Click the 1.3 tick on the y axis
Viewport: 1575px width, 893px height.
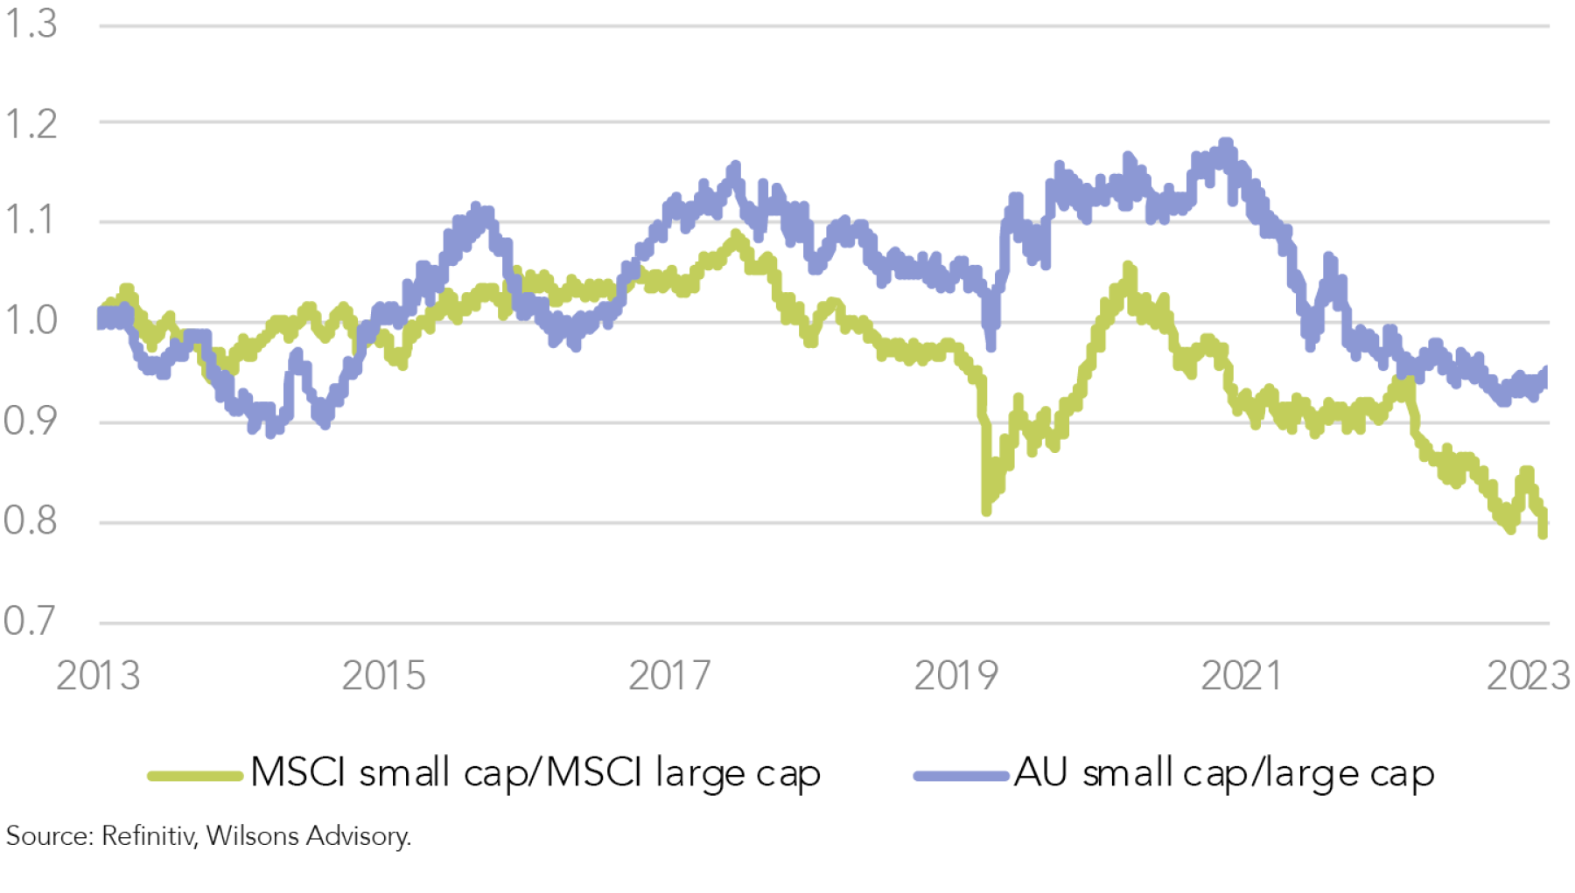(x=31, y=24)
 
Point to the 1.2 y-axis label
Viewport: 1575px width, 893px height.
(x=31, y=124)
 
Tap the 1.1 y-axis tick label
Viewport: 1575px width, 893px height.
(x=31, y=220)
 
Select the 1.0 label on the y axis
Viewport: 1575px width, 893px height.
(x=31, y=320)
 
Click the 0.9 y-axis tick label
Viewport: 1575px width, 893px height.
(x=31, y=421)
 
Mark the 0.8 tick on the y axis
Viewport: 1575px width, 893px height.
(x=31, y=520)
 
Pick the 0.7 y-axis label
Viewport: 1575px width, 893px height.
(x=31, y=621)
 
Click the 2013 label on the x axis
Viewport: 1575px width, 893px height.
(x=98, y=676)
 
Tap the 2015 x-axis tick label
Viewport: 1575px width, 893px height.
(x=383, y=676)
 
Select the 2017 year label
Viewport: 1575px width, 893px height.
(x=669, y=676)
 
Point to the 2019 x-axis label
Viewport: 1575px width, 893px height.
(x=955, y=676)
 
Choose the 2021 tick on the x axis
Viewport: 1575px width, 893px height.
(x=1241, y=676)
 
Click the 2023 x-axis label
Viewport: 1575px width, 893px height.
(x=1528, y=676)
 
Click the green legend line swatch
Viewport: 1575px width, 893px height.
(x=194, y=776)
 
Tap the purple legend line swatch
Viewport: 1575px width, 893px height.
(x=961, y=776)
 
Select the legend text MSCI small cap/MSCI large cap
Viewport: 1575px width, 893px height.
(x=535, y=773)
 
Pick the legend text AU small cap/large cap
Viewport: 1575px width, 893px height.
(x=1224, y=773)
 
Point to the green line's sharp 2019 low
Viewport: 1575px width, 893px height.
(x=986, y=509)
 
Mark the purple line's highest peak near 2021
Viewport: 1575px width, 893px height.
(x=1226, y=143)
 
